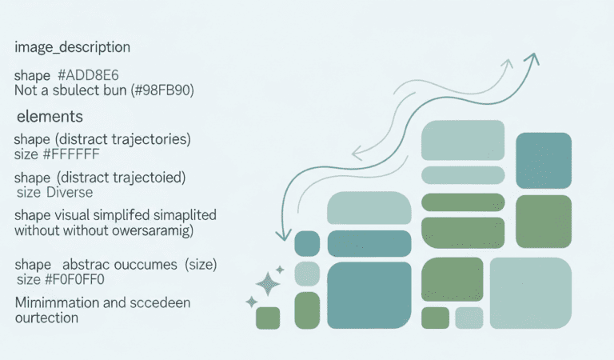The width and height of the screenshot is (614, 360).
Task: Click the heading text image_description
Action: (72, 48)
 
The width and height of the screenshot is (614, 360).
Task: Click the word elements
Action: (50, 117)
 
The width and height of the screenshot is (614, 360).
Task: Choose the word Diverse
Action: (70, 193)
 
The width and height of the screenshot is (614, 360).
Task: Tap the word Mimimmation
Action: (55, 302)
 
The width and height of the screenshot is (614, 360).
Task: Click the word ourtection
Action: (46, 318)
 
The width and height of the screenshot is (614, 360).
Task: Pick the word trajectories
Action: (150, 139)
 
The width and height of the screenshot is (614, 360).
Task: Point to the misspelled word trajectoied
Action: (150, 177)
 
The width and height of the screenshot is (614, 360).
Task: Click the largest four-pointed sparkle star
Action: (269, 282)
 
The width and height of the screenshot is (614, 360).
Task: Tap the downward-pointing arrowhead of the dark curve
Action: (281, 235)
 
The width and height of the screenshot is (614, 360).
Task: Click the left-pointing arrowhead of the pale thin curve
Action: (356, 151)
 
